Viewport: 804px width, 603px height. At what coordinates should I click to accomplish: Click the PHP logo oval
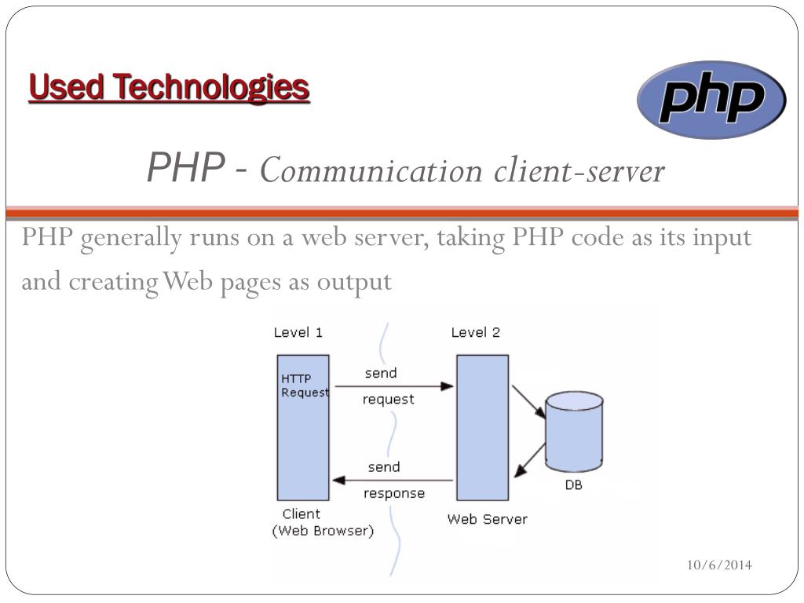point(711,100)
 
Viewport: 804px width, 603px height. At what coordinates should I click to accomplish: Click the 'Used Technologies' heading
point(169,87)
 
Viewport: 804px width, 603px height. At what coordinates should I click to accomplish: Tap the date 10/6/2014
point(719,565)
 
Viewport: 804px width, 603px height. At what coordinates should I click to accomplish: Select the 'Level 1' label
point(298,332)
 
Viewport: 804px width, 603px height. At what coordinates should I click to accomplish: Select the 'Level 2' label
point(475,332)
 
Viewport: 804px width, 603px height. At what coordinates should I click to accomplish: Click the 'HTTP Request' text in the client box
point(304,386)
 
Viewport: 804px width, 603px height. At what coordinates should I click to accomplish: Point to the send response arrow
point(393,480)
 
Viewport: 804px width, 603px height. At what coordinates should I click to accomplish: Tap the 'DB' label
point(574,484)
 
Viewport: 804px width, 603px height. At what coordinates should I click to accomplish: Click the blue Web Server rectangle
point(482,427)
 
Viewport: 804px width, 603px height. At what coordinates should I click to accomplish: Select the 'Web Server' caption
point(487,519)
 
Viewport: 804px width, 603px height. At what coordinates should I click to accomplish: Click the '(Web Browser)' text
point(323,531)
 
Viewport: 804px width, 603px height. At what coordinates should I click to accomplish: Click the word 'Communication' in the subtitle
point(371,170)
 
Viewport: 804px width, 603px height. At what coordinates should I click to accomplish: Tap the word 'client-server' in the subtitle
point(579,170)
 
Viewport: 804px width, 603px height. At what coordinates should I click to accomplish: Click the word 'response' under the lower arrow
point(393,494)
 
